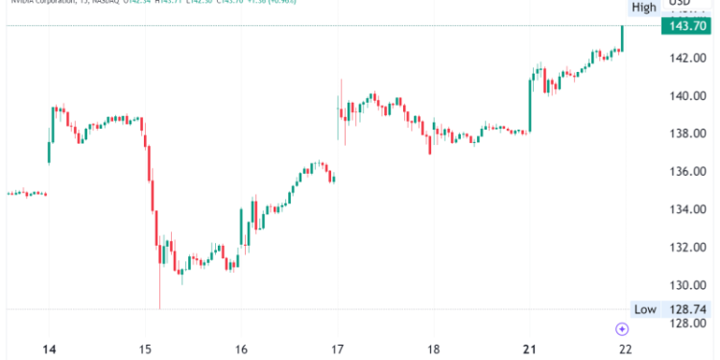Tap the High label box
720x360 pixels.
click(x=644, y=8)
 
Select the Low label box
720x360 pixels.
click(x=644, y=308)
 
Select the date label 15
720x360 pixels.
click(x=145, y=349)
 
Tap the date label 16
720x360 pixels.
click(x=241, y=349)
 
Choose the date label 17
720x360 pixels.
click(x=337, y=349)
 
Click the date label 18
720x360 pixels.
click(x=433, y=349)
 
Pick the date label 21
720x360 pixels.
click(x=529, y=349)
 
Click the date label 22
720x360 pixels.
click(x=625, y=349)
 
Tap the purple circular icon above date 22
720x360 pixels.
click(x=622, y=329)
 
